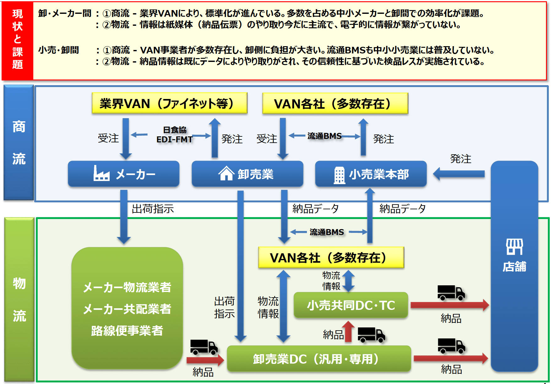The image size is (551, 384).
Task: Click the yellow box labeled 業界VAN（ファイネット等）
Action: point(169,103)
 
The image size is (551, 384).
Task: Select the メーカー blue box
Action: point(123,174)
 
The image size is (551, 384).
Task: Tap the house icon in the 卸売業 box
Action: point(226,173)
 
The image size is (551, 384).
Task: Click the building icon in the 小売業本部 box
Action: point(339,175)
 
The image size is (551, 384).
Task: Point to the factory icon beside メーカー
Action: point(101,173)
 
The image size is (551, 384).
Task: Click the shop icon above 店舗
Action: point(514,247)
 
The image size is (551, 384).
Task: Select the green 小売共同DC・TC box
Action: point(351,305)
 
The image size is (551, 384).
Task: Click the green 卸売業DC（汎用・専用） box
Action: point(319,359)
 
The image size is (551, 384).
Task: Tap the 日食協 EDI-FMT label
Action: point(175,135)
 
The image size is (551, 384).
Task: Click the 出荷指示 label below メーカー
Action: point(153,209)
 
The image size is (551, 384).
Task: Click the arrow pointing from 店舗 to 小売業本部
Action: point(459,174)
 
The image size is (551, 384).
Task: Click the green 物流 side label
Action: point(19,299)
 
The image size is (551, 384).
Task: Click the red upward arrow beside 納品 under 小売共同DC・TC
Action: point(348,332)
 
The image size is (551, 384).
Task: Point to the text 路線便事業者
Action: point(127,331)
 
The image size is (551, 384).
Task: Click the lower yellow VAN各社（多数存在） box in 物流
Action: point(331,258)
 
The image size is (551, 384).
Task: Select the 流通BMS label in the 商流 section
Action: point(324,136)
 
